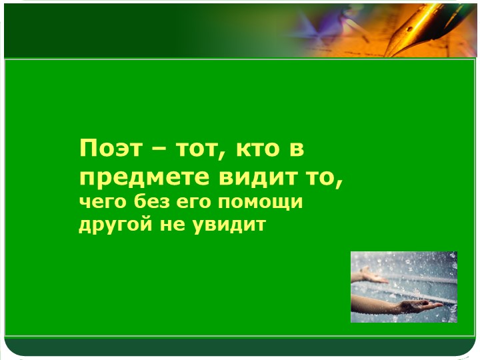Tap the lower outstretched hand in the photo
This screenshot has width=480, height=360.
pyautogui.click(x=413, y=306)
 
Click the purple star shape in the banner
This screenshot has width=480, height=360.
pyautogui.click(x=312, y=28)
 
